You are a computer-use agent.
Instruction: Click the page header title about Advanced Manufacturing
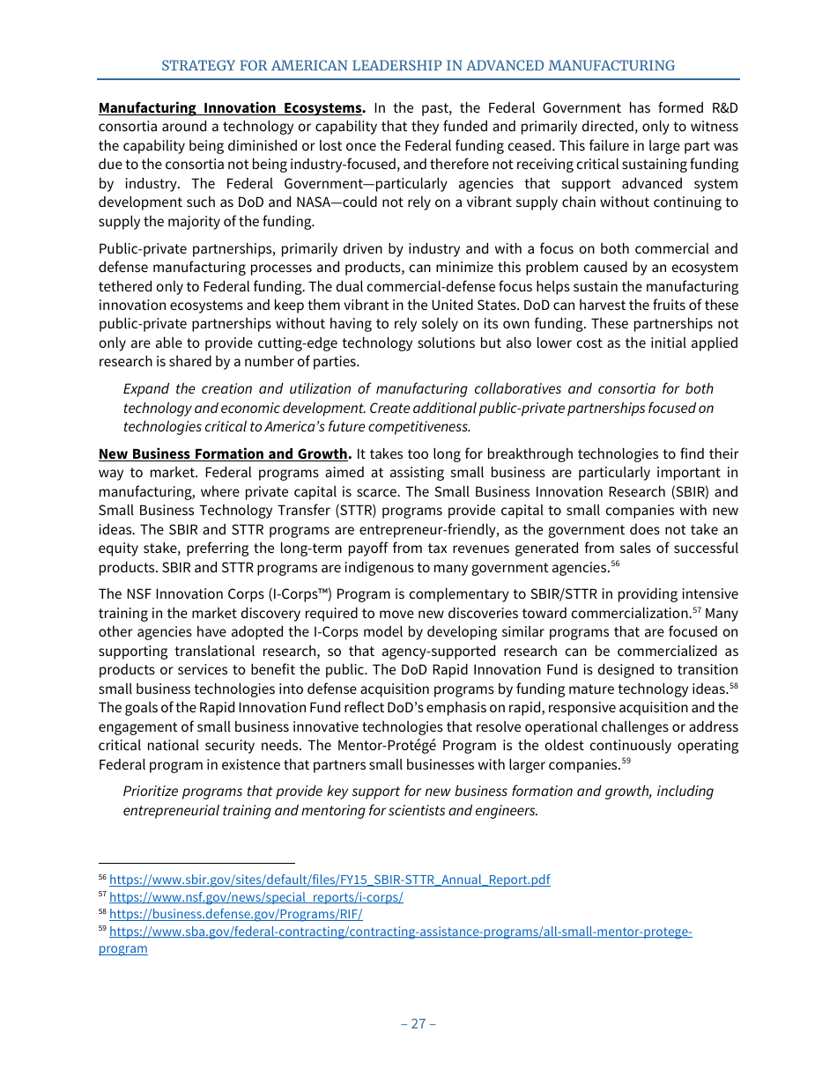[x=418, y=66]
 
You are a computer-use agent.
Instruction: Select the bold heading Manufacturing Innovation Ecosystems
[x=231, y=108]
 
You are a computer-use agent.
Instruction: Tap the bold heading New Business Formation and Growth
[x=224, y=454]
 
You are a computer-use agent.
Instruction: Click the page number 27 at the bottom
[x=418, y=1023]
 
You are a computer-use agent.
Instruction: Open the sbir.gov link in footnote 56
[x=330, y=880]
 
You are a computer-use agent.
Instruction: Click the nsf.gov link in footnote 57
[x=256, y=897]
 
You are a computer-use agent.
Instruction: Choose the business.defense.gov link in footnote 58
[x=235, y=915]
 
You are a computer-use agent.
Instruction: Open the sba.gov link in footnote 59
[x=400, y=932]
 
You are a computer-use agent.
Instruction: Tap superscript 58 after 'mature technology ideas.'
[x=733, y=685]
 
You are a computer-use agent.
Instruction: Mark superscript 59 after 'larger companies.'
[x=626, y=761]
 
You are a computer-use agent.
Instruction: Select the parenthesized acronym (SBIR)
[x=696, y=492]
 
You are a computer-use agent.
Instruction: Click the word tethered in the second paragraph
[x=129, y=287]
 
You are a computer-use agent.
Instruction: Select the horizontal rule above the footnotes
[x=196, y=864]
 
